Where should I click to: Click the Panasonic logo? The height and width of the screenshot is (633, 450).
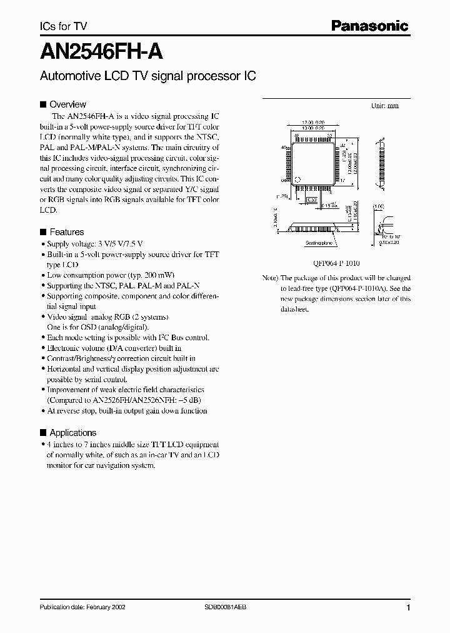[x=369, y=26]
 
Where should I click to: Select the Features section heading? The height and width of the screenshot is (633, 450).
[x=66, y=232]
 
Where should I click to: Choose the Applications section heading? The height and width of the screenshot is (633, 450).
[x=72, y=433]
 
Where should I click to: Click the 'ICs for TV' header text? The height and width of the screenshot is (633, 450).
[x=64, y=26]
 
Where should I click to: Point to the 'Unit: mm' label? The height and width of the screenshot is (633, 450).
[x=385, y=106]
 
